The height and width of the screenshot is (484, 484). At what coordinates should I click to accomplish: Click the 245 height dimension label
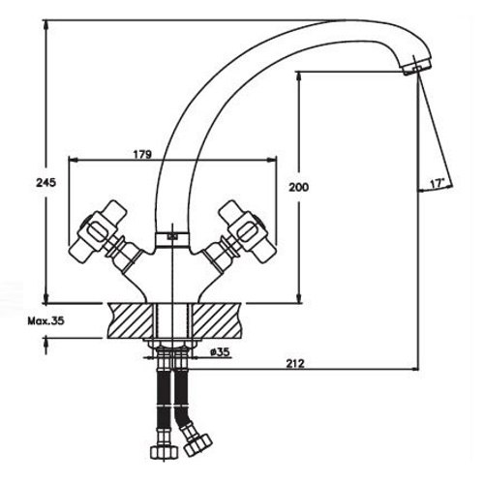point(45,183)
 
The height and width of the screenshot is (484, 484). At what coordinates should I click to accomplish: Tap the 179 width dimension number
point(142,155)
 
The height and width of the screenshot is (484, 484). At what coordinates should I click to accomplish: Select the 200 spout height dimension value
point(298,187)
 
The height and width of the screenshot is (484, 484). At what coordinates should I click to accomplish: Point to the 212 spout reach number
point(295,364)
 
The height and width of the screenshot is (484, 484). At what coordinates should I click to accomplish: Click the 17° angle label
point(438,184)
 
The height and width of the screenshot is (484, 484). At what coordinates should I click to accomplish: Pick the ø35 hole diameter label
point(220,352)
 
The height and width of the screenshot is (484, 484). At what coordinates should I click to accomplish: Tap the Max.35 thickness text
point(45,321)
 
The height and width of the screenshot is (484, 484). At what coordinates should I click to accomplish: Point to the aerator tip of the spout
point(416,67)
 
